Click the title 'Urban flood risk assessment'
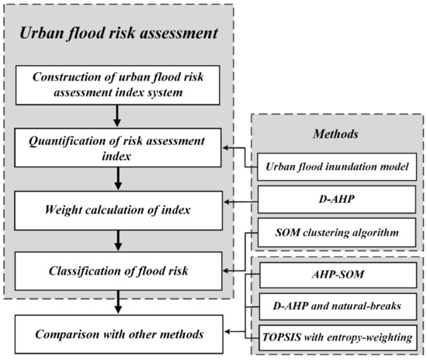(118, 35)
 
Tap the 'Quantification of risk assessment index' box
(119, 145)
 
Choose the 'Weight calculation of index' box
(119, 208)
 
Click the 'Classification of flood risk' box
(119, 271)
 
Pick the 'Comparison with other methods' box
(119, 334)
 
